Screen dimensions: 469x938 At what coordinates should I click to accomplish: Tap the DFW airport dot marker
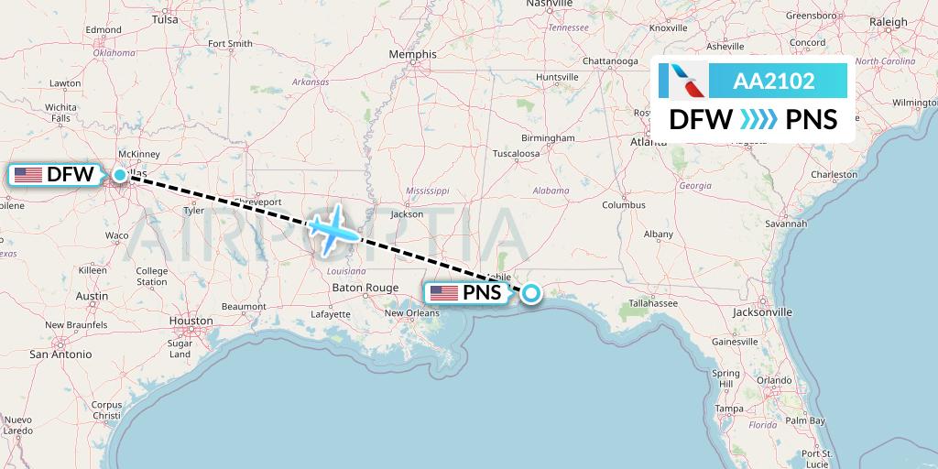[x=120, y=174]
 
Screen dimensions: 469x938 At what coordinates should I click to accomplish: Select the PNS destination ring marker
[x=531, y=293]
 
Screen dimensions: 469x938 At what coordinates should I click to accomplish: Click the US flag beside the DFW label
[x=28, y=174]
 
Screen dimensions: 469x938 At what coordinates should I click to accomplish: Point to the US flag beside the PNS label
[x=444, y=293]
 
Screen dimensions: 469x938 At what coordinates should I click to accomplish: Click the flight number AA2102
[x=774, y=82]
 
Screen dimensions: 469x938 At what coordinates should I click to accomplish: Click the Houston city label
[x=191, y=321]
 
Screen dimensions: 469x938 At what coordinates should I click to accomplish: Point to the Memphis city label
[x=412, y=54]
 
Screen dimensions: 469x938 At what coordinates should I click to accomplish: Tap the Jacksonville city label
[x=762, y=311]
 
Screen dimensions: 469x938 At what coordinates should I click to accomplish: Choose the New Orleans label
[x=411, y=312]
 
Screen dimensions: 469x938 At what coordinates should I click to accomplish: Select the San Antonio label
[x=60, y=354]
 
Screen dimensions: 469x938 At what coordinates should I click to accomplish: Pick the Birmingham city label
[x=548, y=137]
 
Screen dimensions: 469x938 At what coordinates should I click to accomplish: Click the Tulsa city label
[x=165, y=18]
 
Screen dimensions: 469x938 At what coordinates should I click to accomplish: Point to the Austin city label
[x=93, y=296]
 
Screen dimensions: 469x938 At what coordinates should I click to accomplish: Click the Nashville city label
[x=549, y=4]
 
